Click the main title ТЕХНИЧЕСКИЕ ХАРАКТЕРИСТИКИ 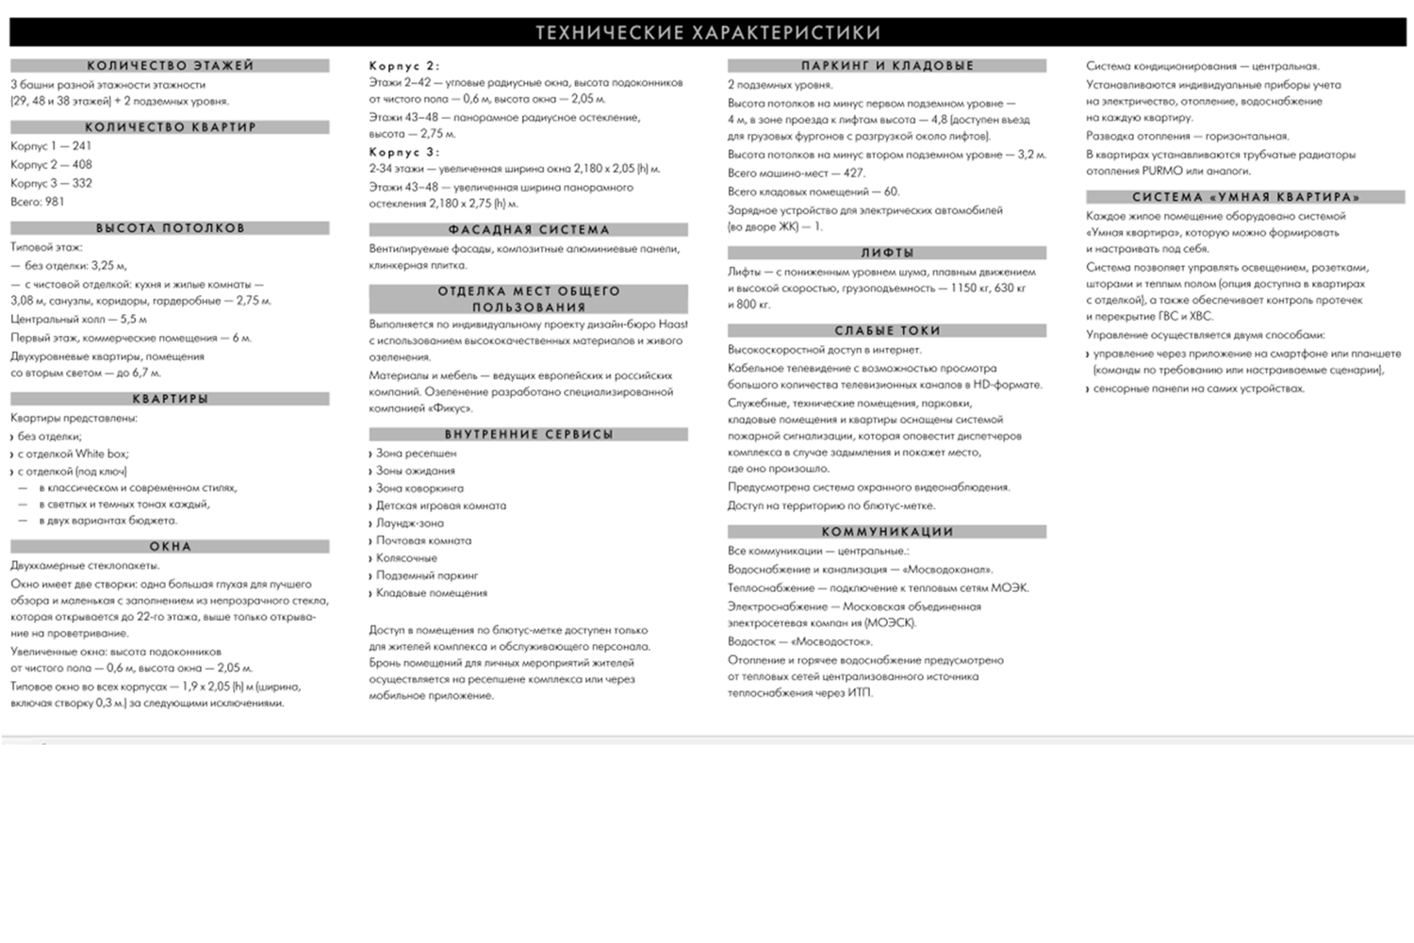click(707, 33)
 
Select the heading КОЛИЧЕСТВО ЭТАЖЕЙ click(170, 66)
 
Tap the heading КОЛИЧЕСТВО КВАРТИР click(170, 127)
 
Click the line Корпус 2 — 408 click(51, 164)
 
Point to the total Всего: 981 click(38, 201)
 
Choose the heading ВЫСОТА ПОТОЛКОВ click(170, 228)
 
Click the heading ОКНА click(170, 547)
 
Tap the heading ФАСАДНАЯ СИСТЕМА click(528, 230)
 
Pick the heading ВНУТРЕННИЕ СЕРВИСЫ click(528, 435)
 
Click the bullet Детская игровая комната click(440, 505)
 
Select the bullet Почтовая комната click(423, 540)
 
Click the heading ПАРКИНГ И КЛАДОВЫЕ click(886, 66)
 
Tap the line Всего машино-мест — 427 click(796, 173)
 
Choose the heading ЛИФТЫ click(886, 253)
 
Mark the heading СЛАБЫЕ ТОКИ click(886, 331)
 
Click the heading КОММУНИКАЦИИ click(886, 532)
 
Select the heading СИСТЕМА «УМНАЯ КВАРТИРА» click(1244, 197)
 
